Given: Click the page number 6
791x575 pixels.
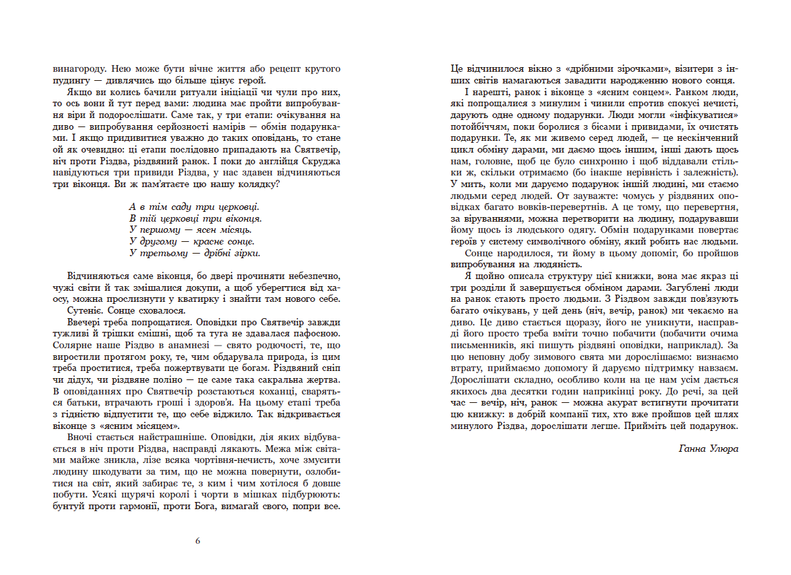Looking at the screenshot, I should click(197, 540).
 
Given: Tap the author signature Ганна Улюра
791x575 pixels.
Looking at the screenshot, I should click(708, 449).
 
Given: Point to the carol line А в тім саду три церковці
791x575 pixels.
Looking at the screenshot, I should click(194, 206).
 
